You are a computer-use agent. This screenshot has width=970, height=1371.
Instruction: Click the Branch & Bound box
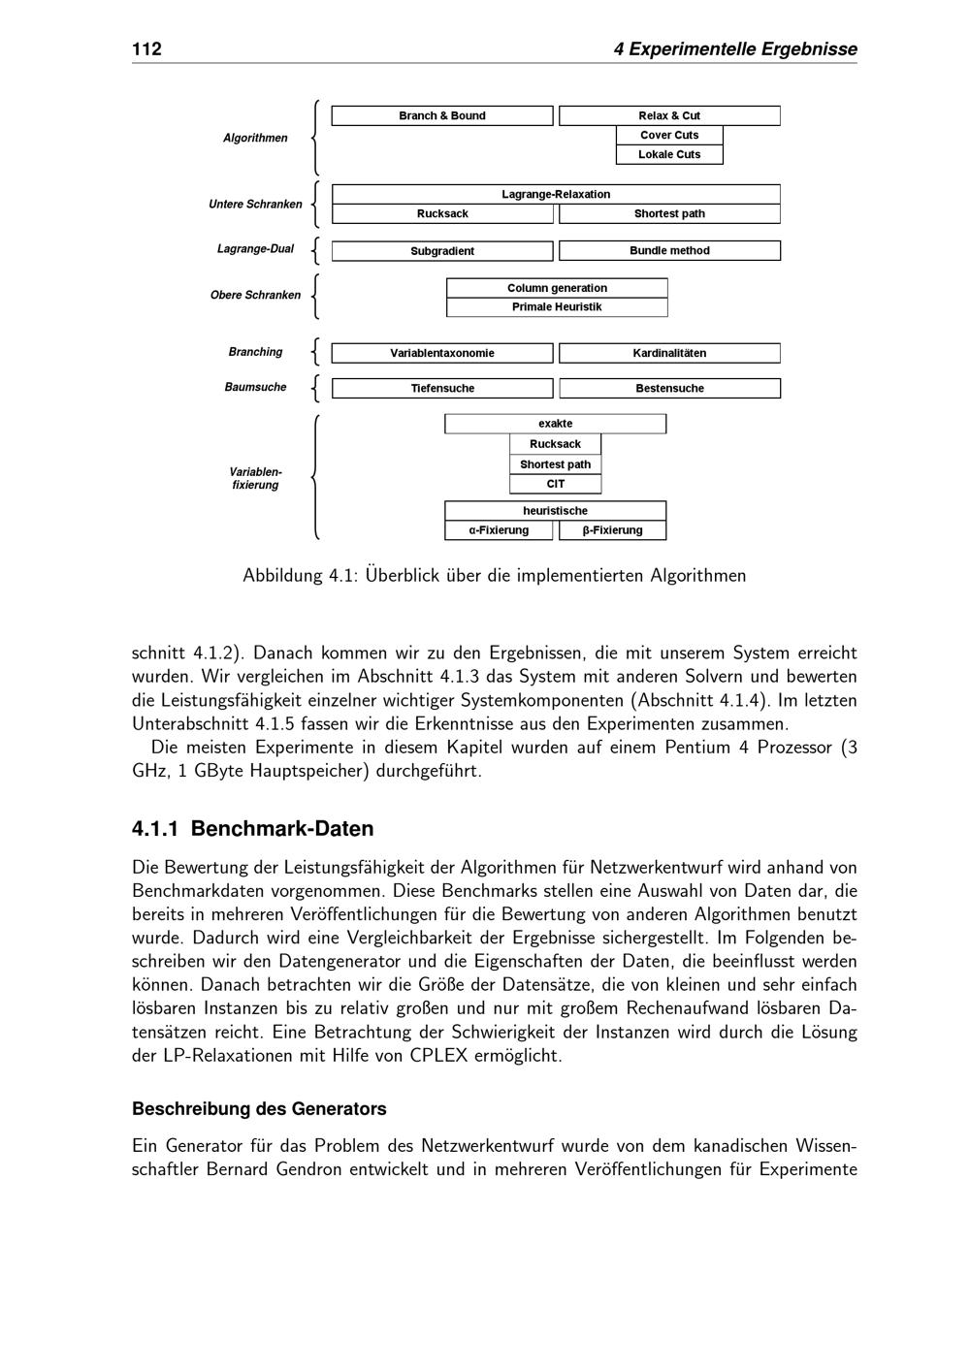pos(442,116)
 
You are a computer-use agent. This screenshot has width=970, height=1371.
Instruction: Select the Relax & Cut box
pos(669,116)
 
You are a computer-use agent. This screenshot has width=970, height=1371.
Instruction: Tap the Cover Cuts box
pos(669,136)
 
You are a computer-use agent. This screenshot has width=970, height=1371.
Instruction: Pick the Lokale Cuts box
pos(669,155)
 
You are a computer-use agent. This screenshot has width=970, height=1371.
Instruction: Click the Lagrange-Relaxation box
pos(556,195)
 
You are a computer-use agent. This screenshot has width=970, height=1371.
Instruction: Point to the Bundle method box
pos(669,251)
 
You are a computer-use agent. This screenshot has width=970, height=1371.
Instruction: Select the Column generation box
pos(557,288)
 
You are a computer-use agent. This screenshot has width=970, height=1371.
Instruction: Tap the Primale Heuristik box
pos(557,307)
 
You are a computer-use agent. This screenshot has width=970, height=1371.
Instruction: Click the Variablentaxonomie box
pos(442,354)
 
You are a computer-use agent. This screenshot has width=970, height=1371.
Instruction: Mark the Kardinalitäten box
pos(669,354)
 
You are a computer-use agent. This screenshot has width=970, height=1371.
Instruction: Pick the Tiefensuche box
pos(442,389)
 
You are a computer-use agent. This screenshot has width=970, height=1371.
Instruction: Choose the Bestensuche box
pos(669,389)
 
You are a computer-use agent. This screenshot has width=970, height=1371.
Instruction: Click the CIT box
pos(556,485)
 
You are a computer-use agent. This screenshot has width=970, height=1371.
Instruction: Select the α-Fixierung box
pos(499,530)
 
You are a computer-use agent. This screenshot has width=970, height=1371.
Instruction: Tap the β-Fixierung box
pos(613,530)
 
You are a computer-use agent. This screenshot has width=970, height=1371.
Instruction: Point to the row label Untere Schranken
pos(255,205)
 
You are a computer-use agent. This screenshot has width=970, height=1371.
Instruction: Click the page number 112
pos(146,49)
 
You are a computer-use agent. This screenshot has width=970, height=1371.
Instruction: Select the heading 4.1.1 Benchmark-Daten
pos(252,829)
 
